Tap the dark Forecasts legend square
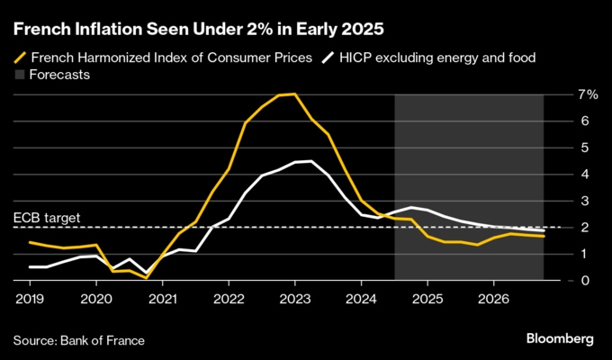[19, 75]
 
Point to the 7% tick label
[588, 94]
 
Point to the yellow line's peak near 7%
[294, 94]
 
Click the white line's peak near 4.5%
[310, 161]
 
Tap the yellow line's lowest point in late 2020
[146, 278]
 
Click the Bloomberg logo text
[560, 339]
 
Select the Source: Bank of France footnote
[79, 340]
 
